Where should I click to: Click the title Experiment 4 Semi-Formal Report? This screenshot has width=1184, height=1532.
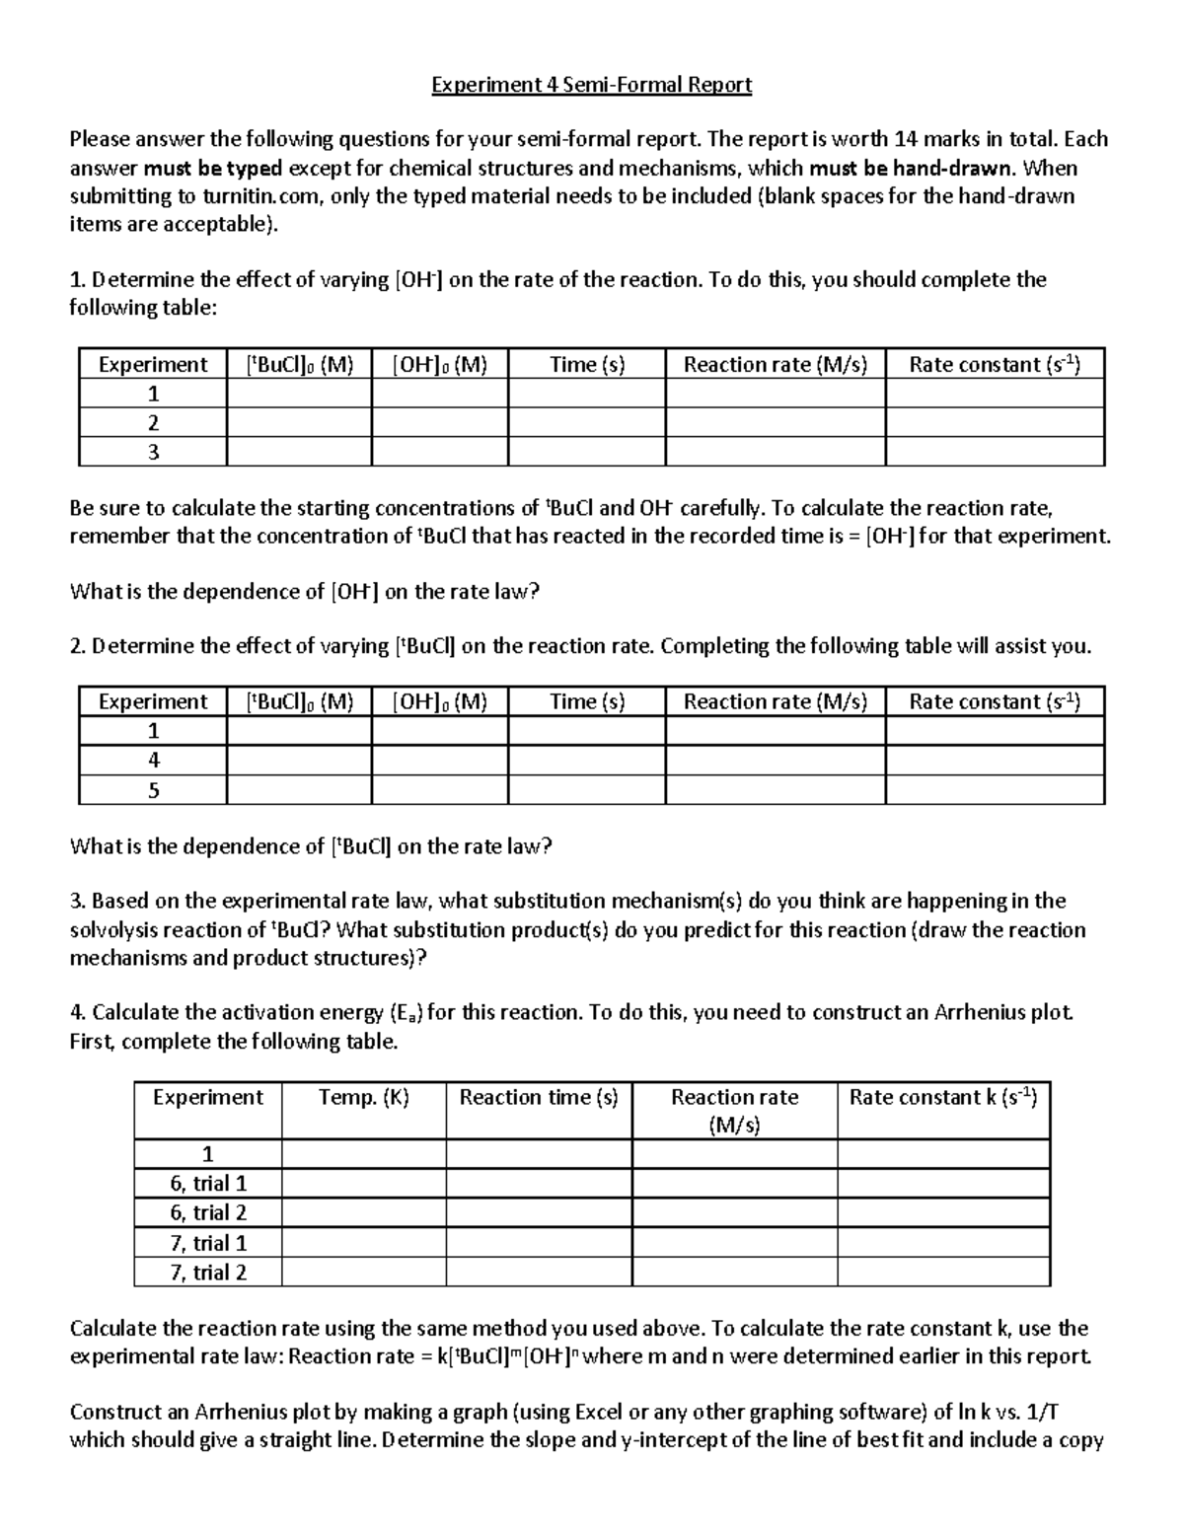tap(591, 85)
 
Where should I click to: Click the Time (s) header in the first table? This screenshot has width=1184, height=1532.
tap(587, 365)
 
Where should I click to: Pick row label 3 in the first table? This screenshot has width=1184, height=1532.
tap(153, 453)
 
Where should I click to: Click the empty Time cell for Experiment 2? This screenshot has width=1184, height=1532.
tap(587, 423)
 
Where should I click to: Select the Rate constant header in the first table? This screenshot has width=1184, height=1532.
tap(995, 365)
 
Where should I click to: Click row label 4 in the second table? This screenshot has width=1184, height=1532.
tap(153, 761)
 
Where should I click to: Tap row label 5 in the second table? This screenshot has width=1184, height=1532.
tap(153, 790)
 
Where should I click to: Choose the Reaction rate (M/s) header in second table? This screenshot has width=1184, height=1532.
tap(776, 701)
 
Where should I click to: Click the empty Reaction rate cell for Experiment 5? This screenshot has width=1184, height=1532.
tap(776, 790)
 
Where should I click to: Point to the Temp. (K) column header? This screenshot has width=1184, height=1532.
tap(363, 1097)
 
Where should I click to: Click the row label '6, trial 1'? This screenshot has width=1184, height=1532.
tap(208, 1184)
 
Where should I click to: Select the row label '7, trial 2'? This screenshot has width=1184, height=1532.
tap(208, 1273)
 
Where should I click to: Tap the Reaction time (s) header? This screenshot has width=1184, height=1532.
tap(539, 1097)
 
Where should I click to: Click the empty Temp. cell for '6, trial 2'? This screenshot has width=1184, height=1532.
tap(363, 1213)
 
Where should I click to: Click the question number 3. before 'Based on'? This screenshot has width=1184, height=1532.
tap(79, 901)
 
